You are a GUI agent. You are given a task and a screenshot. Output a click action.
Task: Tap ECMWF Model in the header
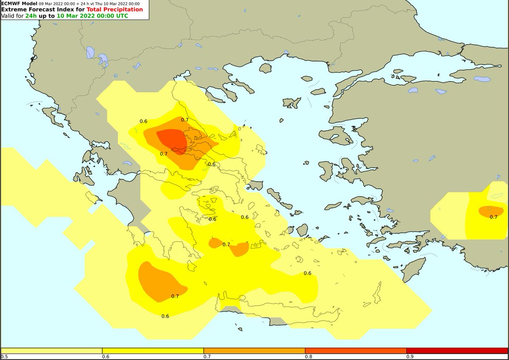19,3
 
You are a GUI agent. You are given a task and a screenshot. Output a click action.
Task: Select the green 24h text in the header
31,16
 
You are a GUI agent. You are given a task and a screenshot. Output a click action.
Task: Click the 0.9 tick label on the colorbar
410,357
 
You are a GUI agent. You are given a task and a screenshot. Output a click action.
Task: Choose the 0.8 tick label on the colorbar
308,357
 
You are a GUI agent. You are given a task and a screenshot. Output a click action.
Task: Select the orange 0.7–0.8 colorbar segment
254,351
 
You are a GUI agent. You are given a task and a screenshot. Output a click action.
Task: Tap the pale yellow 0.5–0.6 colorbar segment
51,351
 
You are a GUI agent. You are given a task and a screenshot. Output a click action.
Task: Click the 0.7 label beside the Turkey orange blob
493,217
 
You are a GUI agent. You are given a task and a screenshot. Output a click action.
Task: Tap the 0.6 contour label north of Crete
308,273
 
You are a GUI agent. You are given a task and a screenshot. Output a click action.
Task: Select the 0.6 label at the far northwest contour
143,121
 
